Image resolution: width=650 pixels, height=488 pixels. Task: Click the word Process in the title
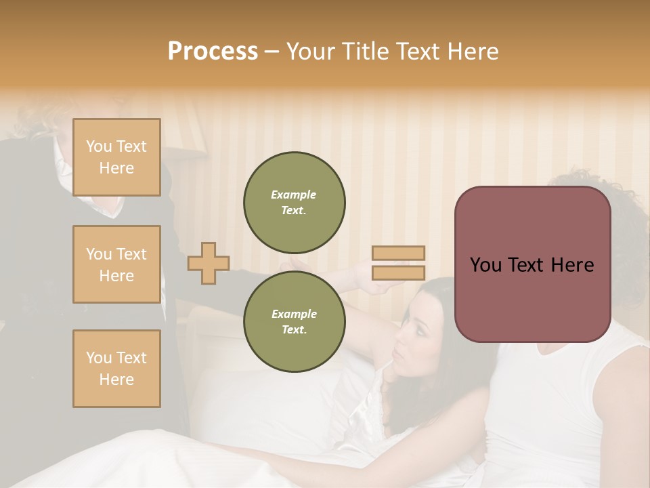tap(213, 51)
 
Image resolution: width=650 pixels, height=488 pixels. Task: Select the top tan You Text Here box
tap(116, 157)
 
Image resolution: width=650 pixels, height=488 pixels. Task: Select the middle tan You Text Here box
tap(116, 264)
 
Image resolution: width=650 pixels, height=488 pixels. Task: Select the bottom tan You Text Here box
tap(116, 369)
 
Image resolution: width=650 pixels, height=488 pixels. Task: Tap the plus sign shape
tap(209, 263)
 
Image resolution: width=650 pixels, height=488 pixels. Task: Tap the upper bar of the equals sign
tap(399, 253)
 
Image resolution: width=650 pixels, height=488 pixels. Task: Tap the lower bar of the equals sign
tap(399, 273)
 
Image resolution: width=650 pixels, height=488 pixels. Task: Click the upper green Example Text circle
tap(294, 203)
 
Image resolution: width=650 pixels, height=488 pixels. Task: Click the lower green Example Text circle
tap(294, 322)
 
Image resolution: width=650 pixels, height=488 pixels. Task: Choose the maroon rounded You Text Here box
tap(532, 264)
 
